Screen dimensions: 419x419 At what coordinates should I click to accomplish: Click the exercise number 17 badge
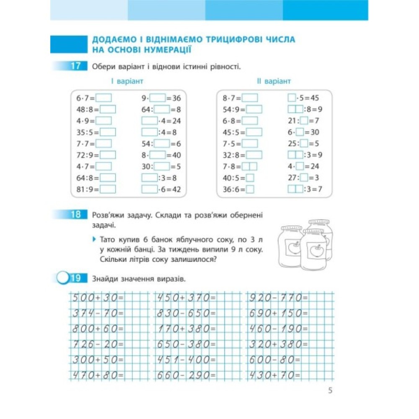coord(75,66)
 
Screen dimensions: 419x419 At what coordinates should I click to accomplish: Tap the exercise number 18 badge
coord(75,215)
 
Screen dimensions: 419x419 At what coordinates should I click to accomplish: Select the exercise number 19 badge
coord(75,278)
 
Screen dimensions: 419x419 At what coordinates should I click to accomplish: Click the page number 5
coord(330,391)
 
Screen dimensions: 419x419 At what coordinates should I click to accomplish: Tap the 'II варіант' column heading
coord(274,81)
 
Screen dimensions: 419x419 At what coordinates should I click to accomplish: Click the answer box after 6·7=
coord(104,98)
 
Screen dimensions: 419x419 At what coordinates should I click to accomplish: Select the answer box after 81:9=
coord(107,189)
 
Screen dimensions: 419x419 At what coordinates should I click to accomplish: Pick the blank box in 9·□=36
coord(158,98)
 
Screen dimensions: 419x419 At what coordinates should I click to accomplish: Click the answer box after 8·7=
coord(250,98)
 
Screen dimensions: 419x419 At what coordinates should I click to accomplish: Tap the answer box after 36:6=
coord(250,189)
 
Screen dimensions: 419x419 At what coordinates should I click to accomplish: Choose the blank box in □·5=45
coord(292,98)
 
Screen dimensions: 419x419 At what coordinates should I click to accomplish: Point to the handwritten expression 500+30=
coord(97,298)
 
